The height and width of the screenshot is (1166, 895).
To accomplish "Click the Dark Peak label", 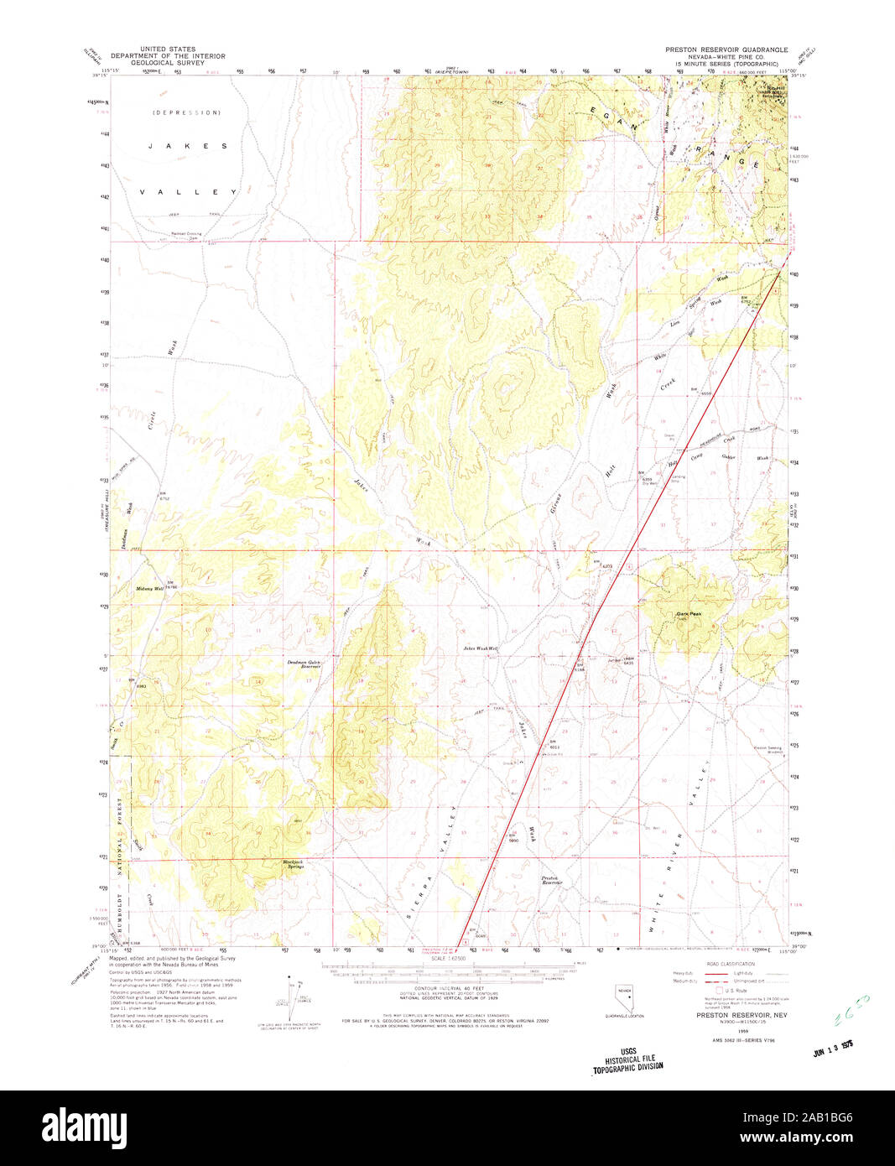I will (689, 614).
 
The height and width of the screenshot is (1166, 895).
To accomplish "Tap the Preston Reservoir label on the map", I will (551, 880).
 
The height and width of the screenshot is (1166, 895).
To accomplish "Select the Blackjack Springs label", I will (293, 863).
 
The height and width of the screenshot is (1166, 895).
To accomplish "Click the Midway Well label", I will (150, 589).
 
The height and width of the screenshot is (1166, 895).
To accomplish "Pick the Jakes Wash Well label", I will (481, 648).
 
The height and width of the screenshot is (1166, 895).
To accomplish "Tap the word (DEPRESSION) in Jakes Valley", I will (186, 112).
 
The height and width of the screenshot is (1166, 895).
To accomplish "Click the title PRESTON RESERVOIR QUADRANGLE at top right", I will (726, 50).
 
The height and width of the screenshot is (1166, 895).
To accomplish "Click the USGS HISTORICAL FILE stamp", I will (628, 1059).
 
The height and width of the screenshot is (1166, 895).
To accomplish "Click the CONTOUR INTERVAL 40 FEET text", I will (444, 989).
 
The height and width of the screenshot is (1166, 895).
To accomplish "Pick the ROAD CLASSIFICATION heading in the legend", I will (731, 964).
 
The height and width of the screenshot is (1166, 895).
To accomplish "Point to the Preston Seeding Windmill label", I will (768, 749).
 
